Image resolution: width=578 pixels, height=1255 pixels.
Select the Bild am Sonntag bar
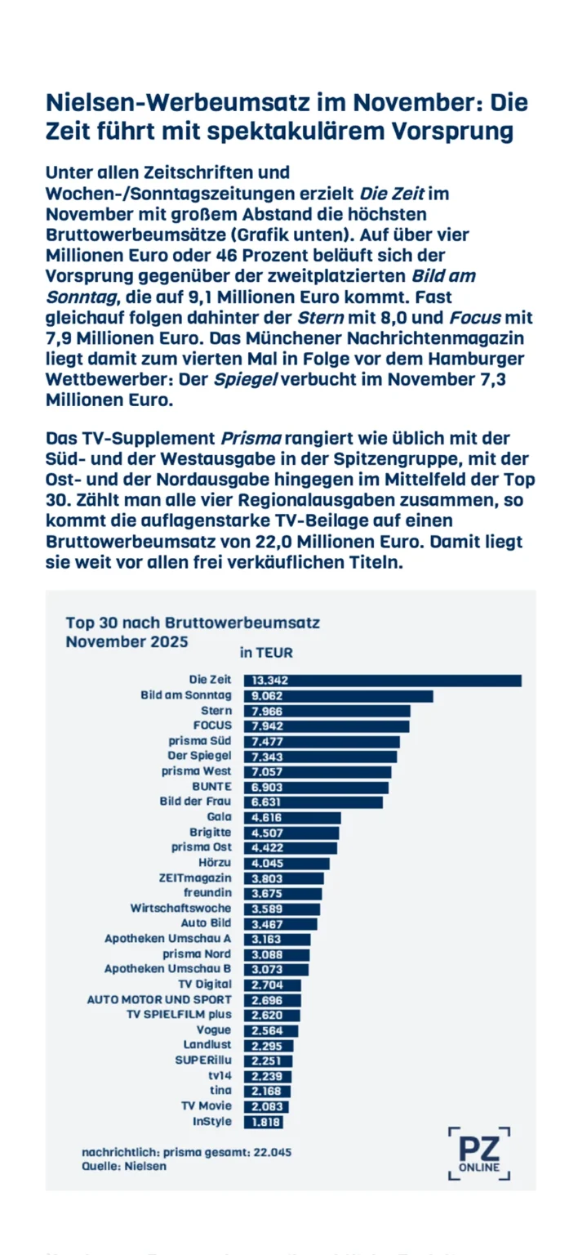click(338, 696)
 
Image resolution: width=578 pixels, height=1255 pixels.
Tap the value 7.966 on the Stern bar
click(269, 711)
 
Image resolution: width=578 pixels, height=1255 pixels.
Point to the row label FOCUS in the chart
click(212, 726)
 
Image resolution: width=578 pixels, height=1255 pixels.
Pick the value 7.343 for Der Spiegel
click(269, 756)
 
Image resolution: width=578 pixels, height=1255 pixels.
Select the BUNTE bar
click(316, 786)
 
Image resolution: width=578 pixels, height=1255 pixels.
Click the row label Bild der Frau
click(196, 802)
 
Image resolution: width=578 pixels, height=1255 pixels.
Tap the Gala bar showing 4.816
click(292, 817)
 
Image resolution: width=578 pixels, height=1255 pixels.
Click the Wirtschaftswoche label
click(180, 908)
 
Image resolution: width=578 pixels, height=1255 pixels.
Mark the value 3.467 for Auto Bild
click(269, 923)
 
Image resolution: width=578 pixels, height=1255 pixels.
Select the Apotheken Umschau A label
click(168, 939)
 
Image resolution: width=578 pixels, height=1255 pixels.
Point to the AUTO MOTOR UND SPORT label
click(159, 999)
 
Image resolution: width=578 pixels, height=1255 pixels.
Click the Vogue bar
click(271, 1030)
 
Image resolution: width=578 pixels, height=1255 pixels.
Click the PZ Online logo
click(480, 1153)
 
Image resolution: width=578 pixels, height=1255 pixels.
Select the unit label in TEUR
click(266, 653)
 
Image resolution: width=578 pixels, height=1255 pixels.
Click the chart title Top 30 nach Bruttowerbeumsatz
click(193, 623)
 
